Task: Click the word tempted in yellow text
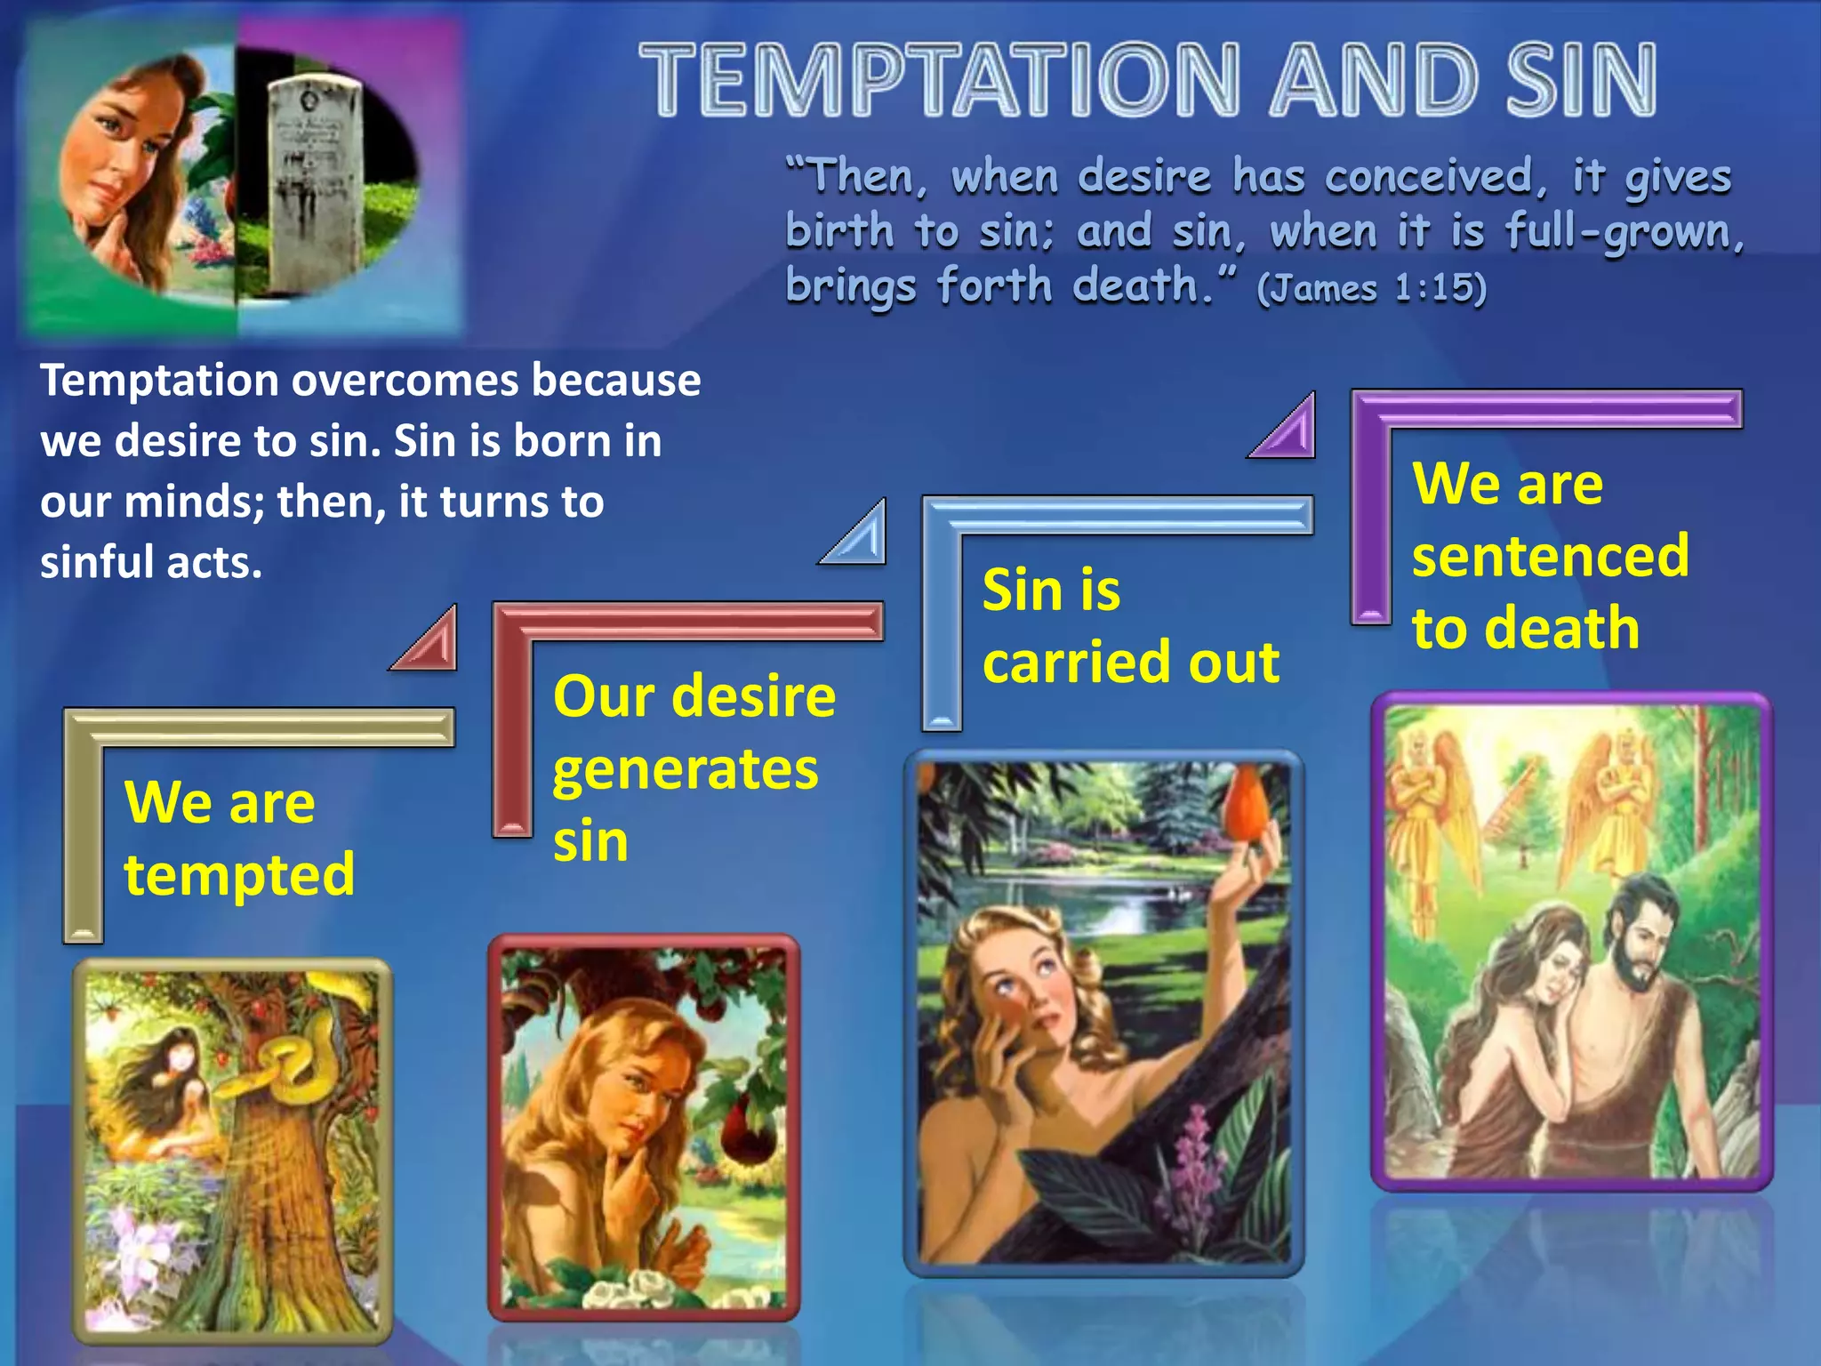[239, 875]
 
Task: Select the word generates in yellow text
[685, 770]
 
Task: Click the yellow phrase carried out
[1130, 663]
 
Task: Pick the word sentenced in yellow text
[1550, 557]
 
